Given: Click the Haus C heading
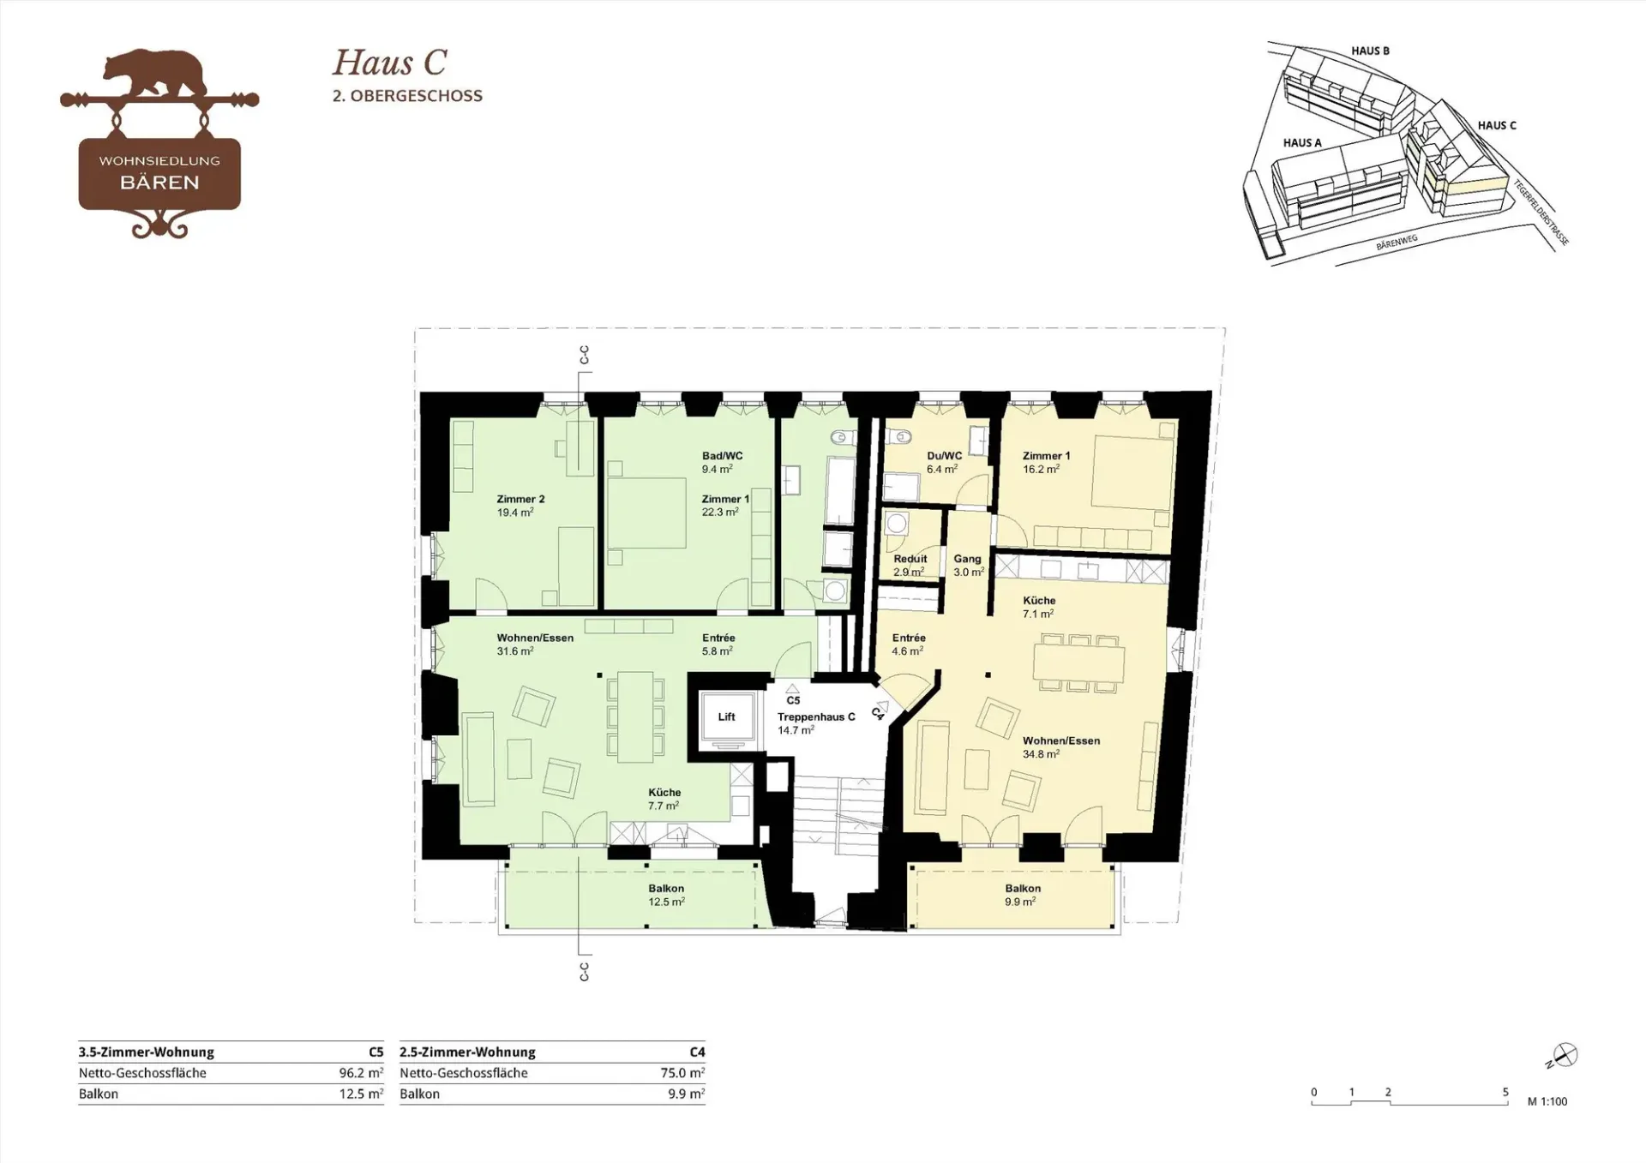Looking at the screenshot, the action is [390, 63].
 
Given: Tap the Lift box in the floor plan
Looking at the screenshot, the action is [727, 717].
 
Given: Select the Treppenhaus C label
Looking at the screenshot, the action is [816, 717].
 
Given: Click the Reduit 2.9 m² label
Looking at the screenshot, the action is [910, 565].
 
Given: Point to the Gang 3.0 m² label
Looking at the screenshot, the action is [968, 565].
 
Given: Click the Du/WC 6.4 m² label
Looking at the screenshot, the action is [944, 463].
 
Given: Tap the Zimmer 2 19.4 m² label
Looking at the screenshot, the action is [520, 506].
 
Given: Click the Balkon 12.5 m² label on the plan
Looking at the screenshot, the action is [666, 896].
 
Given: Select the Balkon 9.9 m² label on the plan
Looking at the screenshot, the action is [1023, 896].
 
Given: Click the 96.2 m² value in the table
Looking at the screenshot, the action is [361, 1073].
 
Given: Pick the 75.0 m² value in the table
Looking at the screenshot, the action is [683, 1073].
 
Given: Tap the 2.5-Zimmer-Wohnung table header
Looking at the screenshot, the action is [467, 1052].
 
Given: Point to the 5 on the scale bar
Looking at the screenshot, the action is [1505, 1093].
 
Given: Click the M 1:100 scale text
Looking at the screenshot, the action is [1547, 1102].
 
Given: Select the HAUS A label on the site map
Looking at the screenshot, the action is [1302, 143].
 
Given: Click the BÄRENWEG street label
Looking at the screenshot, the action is [1397, 243].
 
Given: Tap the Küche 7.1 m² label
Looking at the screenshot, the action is [1038, 607].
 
